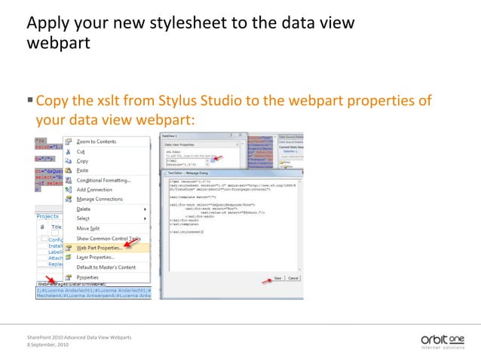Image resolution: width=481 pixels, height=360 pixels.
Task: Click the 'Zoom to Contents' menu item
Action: (x=96, y=142)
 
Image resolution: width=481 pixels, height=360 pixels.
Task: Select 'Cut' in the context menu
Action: (x=81, y=151)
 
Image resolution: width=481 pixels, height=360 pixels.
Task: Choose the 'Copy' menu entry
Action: (x=82, y=161)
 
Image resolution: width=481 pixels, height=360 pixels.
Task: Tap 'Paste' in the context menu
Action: (x=83, y=171)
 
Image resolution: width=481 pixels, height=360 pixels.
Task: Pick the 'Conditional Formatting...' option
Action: (x=103, y=180)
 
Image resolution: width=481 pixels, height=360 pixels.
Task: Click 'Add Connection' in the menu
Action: (x=95, y=189)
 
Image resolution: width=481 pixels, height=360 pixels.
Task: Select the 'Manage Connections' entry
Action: (x=100, y=199)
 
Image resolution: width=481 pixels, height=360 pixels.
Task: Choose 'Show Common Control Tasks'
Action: (x=109, y=238)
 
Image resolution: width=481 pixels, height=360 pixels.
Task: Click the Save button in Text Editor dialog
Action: (x=277, y=278)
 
